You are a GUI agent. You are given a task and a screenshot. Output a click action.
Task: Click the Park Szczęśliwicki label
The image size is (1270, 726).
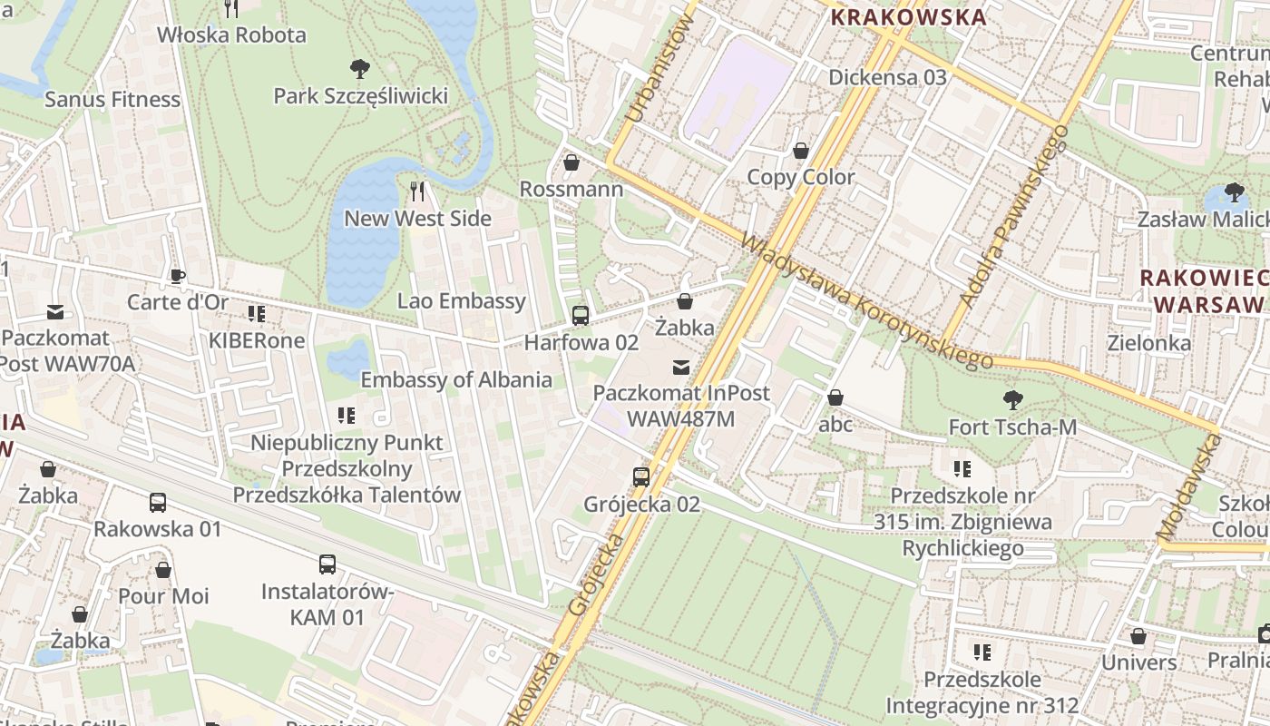point(361,95)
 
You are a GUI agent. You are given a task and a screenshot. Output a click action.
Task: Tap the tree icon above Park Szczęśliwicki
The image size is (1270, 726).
point(360,67)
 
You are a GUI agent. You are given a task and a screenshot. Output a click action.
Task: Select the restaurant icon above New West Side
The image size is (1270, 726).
point(417,191)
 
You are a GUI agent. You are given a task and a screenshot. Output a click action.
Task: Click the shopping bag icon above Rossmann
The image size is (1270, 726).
point(571,162)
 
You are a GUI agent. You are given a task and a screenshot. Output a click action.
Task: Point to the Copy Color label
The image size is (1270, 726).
point(800,177)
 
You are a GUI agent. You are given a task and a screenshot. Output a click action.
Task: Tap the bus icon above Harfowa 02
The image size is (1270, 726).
point(580,316)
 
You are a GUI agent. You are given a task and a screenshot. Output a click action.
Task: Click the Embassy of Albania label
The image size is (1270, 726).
point(456,379)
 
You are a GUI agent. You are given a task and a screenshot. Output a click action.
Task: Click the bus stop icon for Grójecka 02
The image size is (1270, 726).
point(641,476)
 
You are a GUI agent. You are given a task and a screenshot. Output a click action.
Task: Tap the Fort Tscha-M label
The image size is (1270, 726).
point(1012,426)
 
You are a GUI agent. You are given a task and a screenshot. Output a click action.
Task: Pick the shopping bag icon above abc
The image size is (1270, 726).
point(835,397)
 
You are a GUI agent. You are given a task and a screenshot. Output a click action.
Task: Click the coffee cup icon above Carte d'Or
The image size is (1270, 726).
point(178,275)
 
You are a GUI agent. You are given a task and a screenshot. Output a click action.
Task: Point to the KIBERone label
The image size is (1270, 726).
point(257,340)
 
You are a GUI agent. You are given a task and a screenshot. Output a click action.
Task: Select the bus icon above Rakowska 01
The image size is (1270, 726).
point(158,502)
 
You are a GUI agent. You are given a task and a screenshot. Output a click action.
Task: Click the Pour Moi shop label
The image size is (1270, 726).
point(163,596)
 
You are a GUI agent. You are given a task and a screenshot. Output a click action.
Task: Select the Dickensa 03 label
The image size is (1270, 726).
point(887,77)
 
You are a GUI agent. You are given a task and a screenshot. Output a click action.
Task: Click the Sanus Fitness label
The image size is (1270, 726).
point(112,99)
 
